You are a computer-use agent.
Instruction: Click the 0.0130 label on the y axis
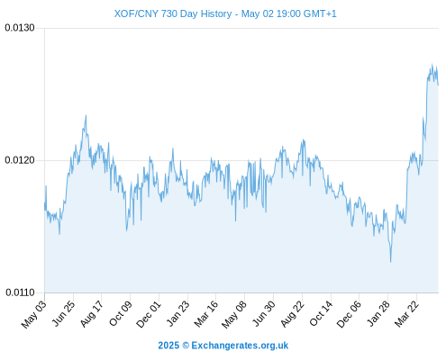tap(20, 28)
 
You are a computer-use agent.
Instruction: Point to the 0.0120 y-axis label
tap(20, 160)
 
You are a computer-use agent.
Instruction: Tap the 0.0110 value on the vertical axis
tap(20, 292)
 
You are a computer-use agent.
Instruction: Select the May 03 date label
tap(34, 314)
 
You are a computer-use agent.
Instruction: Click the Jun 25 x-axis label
tap(64, 313)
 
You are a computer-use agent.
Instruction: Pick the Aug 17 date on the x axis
tap(92, 314)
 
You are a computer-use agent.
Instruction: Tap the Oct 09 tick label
tap(121, 313)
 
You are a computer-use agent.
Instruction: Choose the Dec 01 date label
tap(149, 314)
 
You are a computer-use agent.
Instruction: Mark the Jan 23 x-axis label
tap(178, 313)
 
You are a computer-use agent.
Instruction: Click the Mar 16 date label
tap(206, 314)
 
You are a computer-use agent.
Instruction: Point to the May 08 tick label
tap(234, 314)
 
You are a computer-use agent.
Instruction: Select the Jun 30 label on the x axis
tap(264, 313)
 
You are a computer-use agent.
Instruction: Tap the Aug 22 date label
tap(292, 314)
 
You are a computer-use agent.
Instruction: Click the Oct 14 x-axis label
tap(321, 313)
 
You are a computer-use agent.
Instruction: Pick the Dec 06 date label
tap(349, 314)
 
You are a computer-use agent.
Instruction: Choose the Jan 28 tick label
tap(378, 313)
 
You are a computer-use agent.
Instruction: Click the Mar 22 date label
tap(406, 314)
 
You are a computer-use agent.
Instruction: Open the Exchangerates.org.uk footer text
tap(240, 346)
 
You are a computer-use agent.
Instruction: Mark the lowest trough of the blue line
tap(391, 262)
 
